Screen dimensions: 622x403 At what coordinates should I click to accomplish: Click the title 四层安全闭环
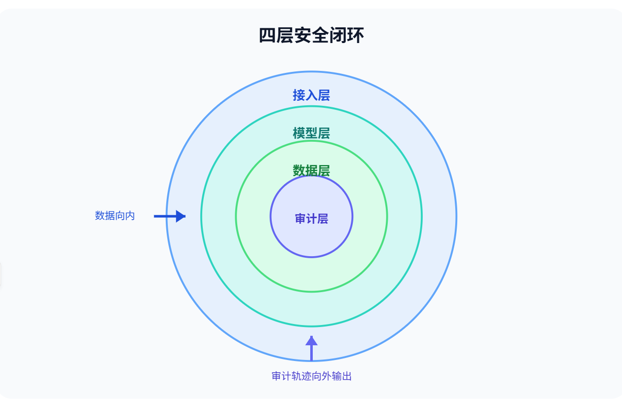pyautogui.click(x=311, y=35)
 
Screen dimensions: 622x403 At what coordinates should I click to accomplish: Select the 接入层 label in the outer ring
pyautogui.click(x=311, y=95)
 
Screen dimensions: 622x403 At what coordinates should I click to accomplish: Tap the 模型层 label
pyautogui.click(x=311, y=133)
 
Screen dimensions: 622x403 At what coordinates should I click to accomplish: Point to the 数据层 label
pyautogui.click(x=311, y=170)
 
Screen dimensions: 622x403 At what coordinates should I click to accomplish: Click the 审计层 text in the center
pyautogui.click(x=311, y=219)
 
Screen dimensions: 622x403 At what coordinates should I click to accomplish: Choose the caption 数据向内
pyautogui.click(x=115, y=216)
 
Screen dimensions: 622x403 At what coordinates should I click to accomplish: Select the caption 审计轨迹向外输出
pyautogui.click(x=312, y=376)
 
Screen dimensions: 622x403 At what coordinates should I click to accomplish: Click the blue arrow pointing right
pyautogui.click(x=170, y=216)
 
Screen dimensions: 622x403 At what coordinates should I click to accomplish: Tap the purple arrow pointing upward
pyautogui.click(x=312, y=348)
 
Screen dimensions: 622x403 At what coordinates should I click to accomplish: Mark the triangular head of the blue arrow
pyautogui.click(x=180, y=216)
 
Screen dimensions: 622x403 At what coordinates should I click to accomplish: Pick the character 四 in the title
pyautogui.click(x=268, y=35)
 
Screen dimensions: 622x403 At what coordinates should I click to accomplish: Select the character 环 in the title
pyautogui.click(x=355, y=35)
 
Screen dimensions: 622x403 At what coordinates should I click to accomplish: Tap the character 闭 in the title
pyautogui.click(x=338, y=35)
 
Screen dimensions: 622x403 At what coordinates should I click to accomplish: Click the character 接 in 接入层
pyautogui.click(x=299, y=95)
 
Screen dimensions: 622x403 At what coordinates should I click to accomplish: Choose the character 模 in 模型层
pyautogui.click(x=299, y=133)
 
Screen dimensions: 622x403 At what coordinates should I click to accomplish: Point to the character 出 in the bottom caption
pyautogui.click(x=347, y=376)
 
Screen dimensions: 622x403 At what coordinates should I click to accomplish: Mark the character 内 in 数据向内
pyautogui.click(x=130, y=216)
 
